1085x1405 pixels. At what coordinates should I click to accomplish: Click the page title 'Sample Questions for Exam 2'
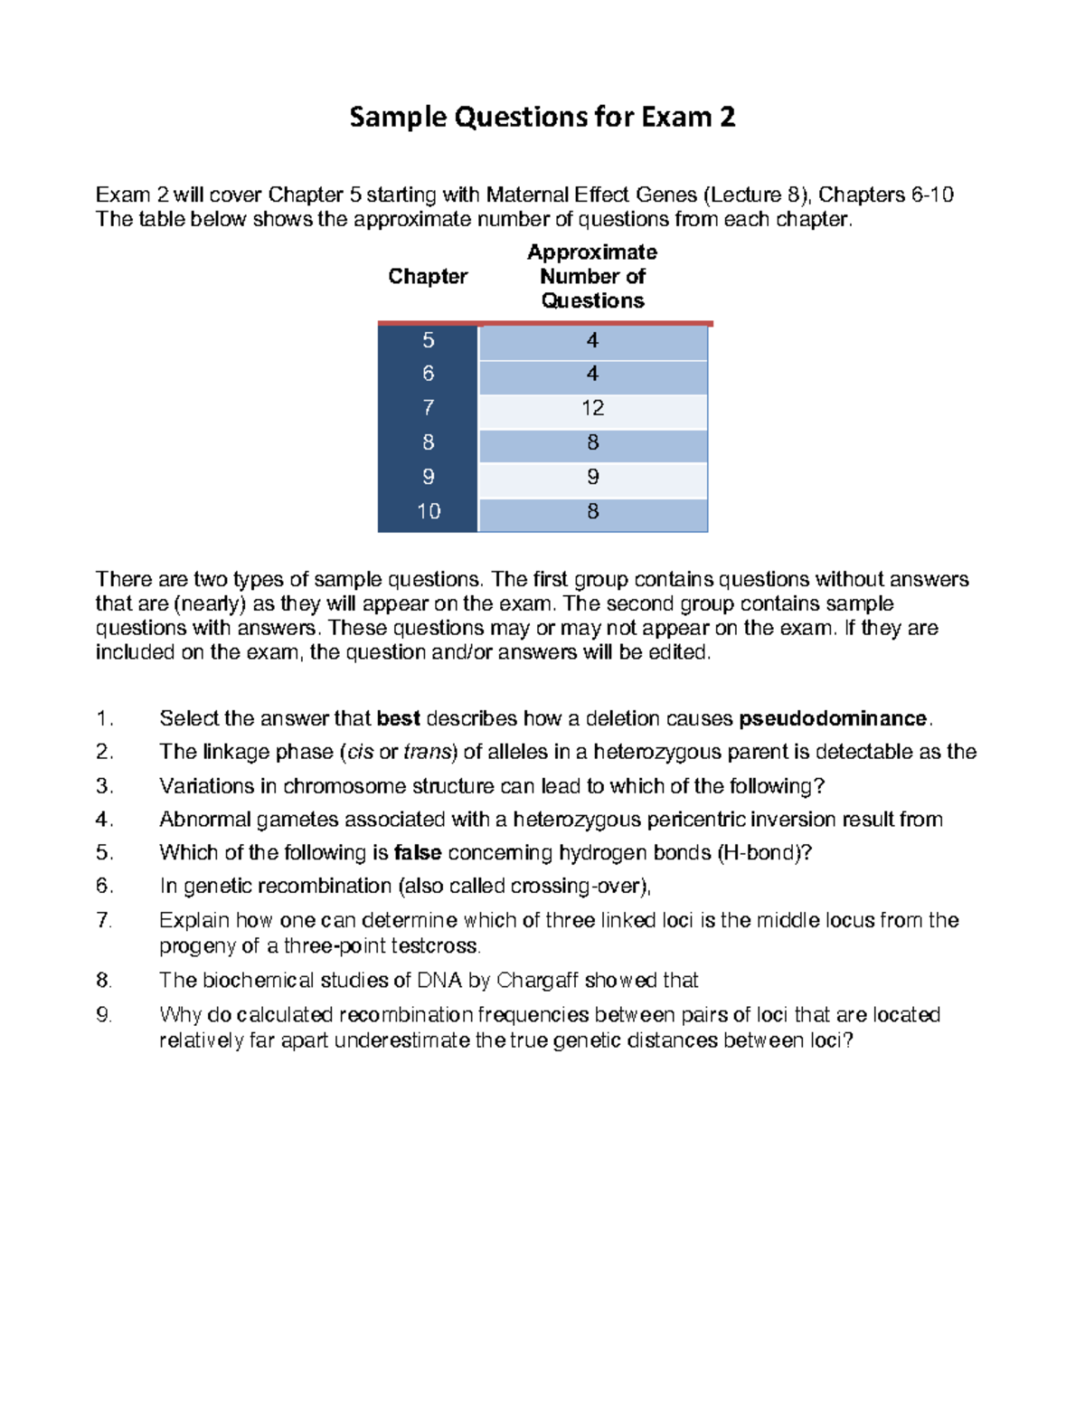pos(542,118)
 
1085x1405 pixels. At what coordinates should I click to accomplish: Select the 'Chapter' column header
pos(428,277)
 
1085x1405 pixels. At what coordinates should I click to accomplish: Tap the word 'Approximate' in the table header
pos(592,252)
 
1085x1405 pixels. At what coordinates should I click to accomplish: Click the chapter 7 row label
pos(428,408)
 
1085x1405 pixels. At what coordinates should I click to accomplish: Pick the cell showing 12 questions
pos(592,408)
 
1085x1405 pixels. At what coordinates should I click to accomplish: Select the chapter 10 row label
pos(428,512)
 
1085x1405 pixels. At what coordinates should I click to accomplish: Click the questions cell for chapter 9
pos(592,478)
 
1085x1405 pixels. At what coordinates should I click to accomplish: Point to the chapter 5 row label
pos(428,340)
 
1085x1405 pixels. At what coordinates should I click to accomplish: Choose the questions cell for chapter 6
pos(592,374)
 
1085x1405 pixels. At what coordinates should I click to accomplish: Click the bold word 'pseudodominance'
pos(833,719)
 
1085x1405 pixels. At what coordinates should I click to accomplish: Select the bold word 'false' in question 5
pos(418,853)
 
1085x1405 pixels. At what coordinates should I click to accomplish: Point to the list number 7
pos(104,921)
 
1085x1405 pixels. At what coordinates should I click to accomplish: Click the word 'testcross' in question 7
pos(434,946)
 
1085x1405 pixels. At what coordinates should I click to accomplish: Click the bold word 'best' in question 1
pos(398,719)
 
